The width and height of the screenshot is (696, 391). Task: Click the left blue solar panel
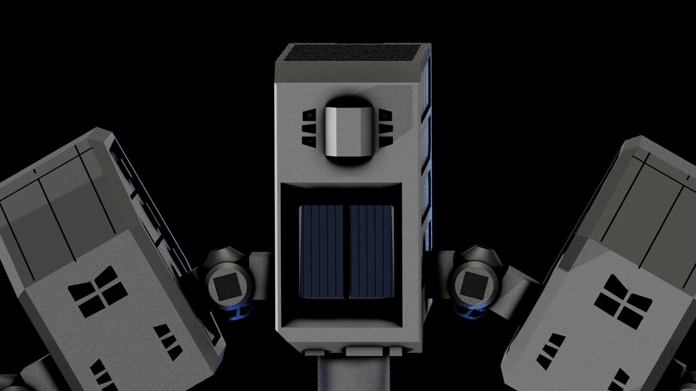(322, 252)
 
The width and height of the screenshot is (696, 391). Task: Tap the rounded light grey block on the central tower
(348, 132)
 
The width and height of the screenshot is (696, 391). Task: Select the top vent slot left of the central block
(309, 115)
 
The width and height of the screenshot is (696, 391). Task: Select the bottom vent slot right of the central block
(386, 140)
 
